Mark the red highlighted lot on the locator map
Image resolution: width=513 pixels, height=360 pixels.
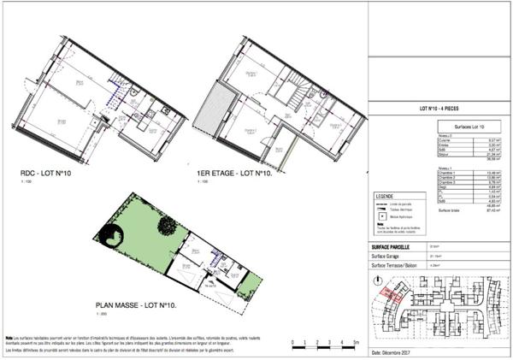(386, 294)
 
